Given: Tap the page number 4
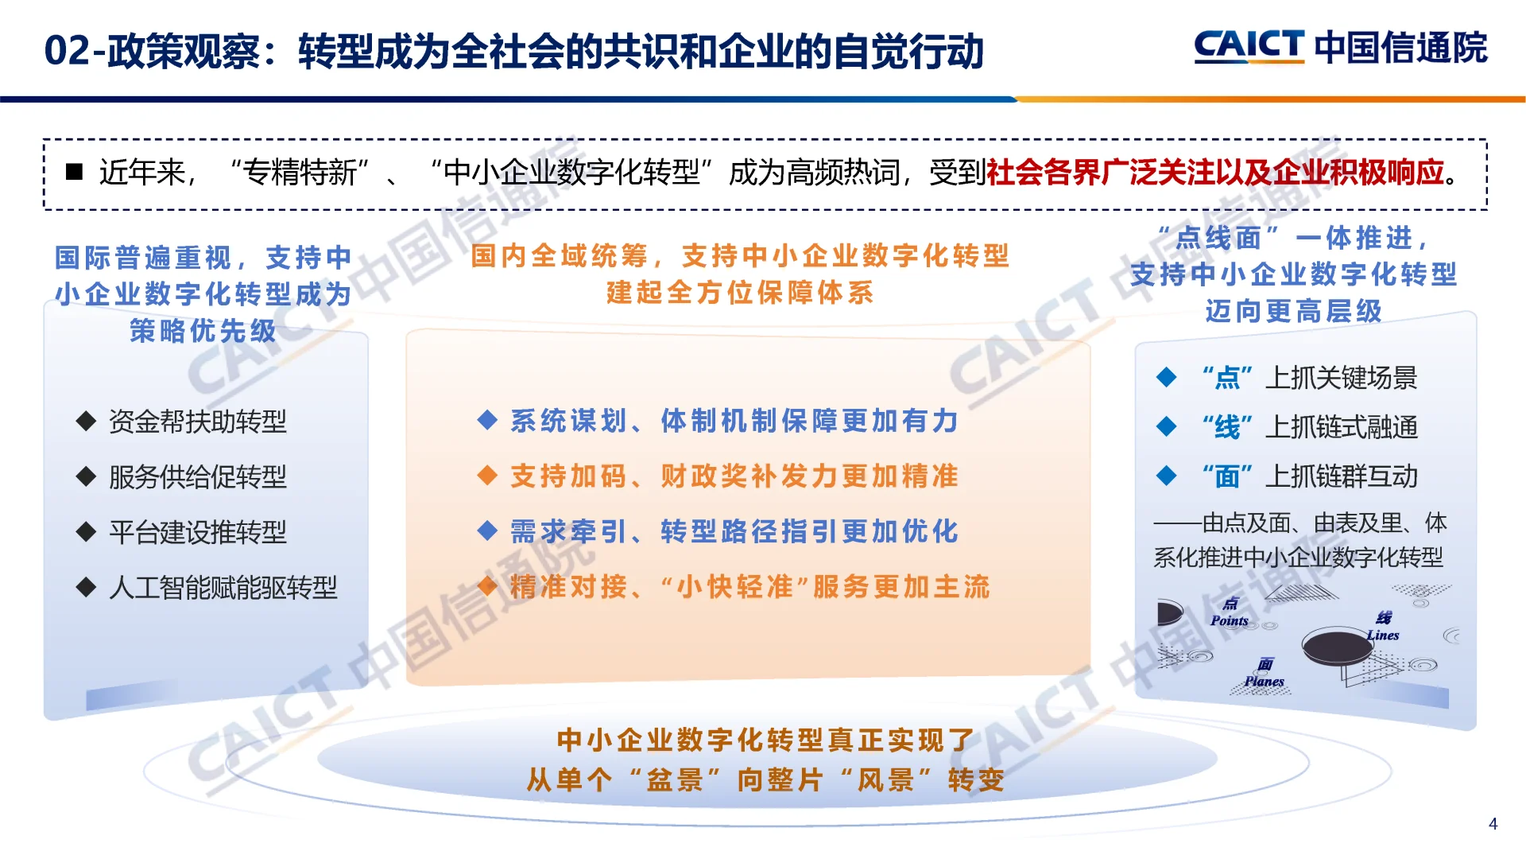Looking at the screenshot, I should tap(1493, 824).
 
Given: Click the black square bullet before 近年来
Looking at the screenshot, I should tap(74, 172).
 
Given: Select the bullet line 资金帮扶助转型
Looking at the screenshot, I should tap(197, 422).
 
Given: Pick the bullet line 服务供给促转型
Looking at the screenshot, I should tap(197, 477).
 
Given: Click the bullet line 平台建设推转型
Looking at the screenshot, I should tap(197, 532).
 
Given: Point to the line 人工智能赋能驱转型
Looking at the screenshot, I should tap(223, 588).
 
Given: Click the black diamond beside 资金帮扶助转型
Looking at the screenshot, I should tap(86, 422).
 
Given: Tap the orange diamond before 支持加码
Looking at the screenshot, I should tap(487, 476).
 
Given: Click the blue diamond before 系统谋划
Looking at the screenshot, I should tap(487, 420).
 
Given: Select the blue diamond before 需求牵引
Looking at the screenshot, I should tap(487, 531).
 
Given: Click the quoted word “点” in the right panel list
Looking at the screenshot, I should tap(1227, 378).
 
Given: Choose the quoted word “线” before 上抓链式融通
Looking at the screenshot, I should tap(1227, 427).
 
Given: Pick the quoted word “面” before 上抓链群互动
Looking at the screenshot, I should tap(1227, 476).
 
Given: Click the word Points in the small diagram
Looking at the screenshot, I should tap(1230, 621).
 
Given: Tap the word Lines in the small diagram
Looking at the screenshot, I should tap(1383, 636).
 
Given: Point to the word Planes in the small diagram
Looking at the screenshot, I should tap(1264, 682).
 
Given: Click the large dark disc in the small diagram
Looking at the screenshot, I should tap(1337, 646).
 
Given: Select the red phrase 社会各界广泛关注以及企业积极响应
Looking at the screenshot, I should tap(1214, 172).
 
